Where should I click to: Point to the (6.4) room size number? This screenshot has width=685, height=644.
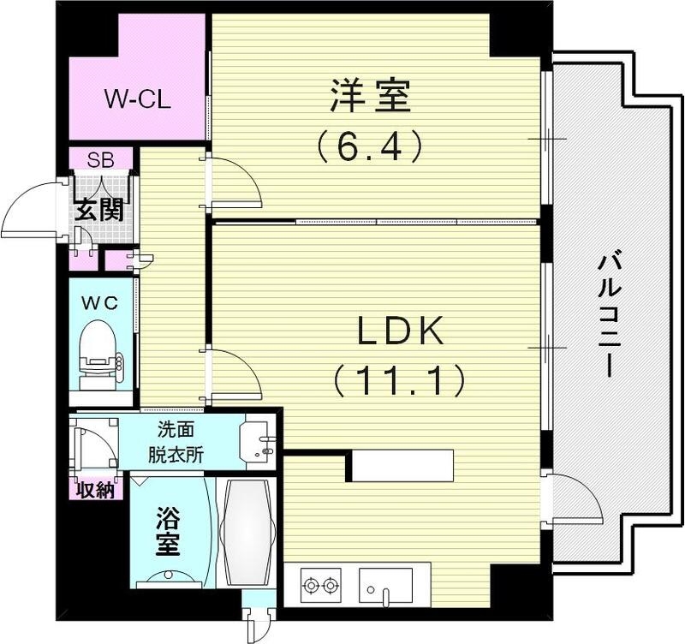pos(370,146)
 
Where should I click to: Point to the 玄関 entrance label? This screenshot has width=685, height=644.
pos(98,210)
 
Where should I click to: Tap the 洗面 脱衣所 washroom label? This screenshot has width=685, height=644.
pos(180,442)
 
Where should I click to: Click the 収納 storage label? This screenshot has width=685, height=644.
pos(94,490)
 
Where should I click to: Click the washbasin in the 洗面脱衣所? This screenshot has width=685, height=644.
pos(259,440)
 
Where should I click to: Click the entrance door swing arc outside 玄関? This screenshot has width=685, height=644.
pos(30,210)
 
